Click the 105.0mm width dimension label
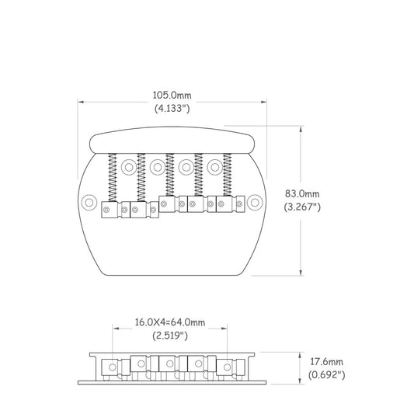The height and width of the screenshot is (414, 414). click(x=172, y=95)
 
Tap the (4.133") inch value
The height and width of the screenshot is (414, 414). click(x=172, y=108)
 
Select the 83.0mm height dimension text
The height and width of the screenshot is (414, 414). click(x=302, y=194)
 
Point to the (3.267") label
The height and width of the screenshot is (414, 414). click(x=302, y=207)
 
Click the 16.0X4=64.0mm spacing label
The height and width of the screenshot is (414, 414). click(x=170, y=322)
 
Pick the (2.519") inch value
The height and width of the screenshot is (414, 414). click(x=170, y=336)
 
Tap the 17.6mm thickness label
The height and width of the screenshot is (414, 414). click(x=326, y=362)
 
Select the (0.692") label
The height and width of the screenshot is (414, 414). click(x=326, y=374)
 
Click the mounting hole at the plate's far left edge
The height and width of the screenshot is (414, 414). click(x=89, y=203)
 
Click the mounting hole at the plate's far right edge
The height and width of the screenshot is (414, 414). click(x=255, y=203)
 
